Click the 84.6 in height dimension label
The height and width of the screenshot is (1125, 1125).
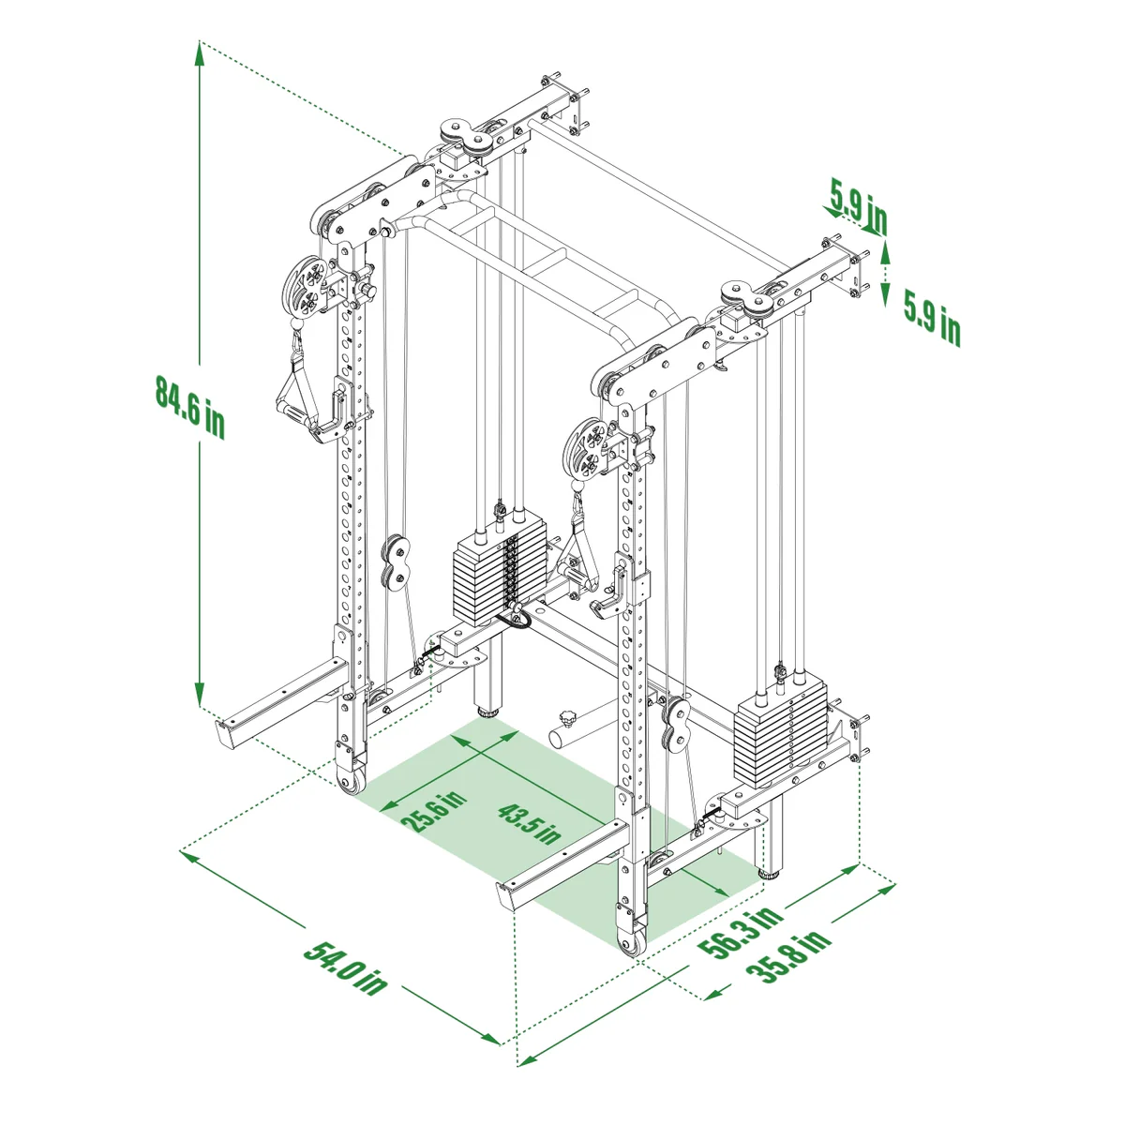click(x=189, y=406)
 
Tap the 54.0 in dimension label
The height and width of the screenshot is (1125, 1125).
click(x=345, y=967)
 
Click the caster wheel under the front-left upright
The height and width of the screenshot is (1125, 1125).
click(x=351, y=783)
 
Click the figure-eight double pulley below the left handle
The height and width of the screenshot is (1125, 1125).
click(x=395, y=563)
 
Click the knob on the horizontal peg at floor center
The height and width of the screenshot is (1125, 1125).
click(x=566, y=720)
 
